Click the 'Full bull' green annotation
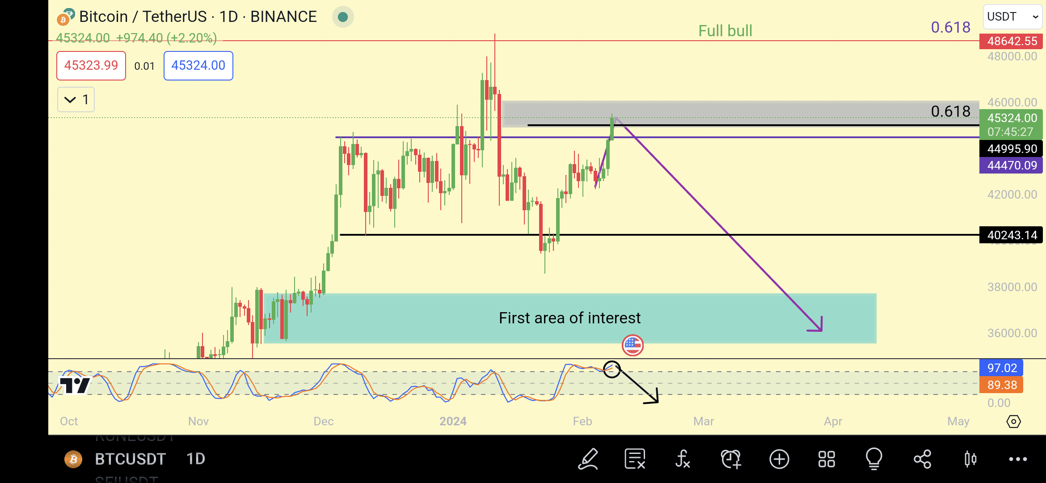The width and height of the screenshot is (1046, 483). click(x=725, y=31)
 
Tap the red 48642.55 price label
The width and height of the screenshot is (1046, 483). click(x=1011, y=41)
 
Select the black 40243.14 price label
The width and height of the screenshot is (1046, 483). click(x=1011, y=235)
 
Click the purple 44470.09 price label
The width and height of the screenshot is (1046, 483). click(x=1011, y=165)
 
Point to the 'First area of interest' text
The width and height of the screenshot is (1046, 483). click(x=569, y=318)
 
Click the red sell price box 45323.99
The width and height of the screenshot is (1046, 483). click(x=91, y=66)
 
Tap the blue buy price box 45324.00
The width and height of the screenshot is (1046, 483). click(x=198, y=66)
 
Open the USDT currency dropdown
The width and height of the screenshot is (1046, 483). click(x=1012, y=17)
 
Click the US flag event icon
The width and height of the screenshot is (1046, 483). click(x=633, y=345)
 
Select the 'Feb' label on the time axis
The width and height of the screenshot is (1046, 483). click(x=582, y=421)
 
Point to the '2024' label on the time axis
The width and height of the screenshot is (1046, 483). click(x=453, y=421)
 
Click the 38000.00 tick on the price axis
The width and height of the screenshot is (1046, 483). click(x=1012, y=287)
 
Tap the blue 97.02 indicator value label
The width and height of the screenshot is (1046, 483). click(x=1001, y=368)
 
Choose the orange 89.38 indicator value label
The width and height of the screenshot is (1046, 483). click(x=1001, y=385)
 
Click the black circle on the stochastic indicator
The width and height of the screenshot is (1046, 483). click(x=612, y=369)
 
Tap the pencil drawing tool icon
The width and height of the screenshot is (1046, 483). click(x=588, y=459)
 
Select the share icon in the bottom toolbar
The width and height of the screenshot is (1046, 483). click(x=922, y=459)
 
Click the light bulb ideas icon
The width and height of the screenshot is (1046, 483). click(x=874, y=459)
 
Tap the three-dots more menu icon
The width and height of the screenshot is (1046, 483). click(x=1018, y=459)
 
